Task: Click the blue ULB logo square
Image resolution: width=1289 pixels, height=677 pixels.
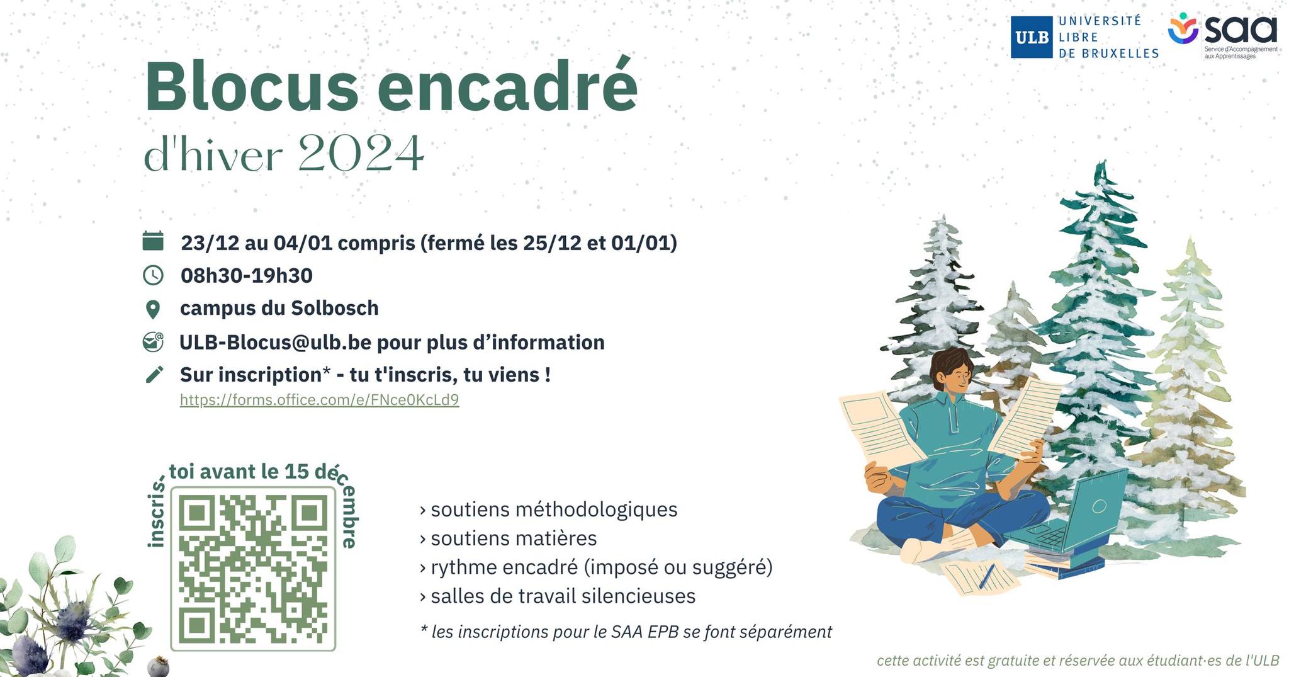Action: click(x=1032, y=37)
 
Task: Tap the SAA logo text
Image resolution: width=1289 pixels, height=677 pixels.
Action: click(x=1241, y=30)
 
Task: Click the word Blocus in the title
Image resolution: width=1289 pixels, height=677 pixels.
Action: click(x=252, y=86)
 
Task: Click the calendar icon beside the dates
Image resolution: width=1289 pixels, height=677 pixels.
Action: click(x=153, y=241)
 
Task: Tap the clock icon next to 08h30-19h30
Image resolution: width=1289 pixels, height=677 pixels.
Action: click(x=153, y=275)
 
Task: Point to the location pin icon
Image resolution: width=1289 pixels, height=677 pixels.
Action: click(x=153, y=309)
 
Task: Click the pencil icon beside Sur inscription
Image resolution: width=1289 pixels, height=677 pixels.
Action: click(x=154, y=374)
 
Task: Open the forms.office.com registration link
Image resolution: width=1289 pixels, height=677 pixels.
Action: click(x=319, y=399)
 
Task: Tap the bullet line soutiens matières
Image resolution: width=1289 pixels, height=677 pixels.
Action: click(x=509, y=538)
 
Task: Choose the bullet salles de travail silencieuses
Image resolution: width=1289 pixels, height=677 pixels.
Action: click(x=558, y=596)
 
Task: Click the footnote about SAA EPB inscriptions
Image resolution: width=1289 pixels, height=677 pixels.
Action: click(x=626, y=632)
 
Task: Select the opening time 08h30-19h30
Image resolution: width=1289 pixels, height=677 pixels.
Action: click(x=246, y=275)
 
